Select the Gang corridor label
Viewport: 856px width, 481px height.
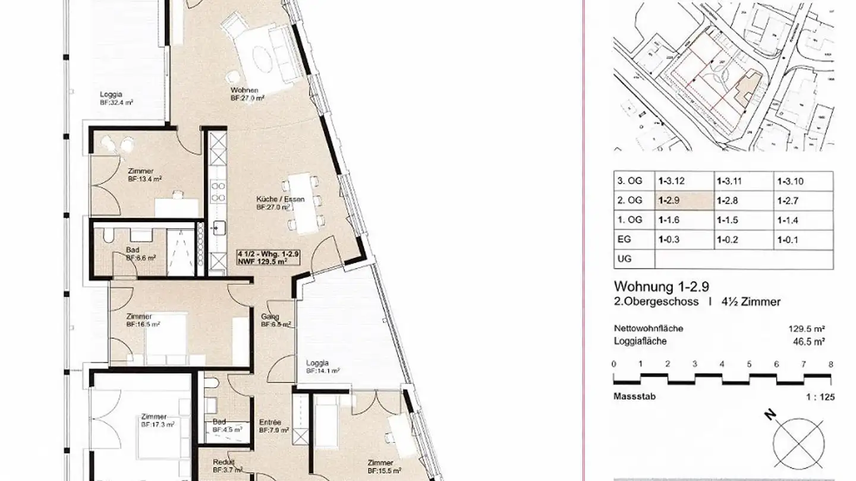pos(269,317)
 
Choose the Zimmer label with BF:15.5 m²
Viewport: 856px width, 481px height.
pos(380,463)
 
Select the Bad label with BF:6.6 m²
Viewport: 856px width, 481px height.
pos(133,250)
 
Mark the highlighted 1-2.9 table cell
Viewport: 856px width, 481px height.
pos(684,201)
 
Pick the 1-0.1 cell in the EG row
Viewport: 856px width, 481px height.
pos(788,240)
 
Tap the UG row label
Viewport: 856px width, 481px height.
pos(625,260)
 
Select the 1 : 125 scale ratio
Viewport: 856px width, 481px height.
pos(820,397)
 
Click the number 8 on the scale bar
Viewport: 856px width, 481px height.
pos(830,364)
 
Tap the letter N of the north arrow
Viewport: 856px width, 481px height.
pos(770,417)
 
